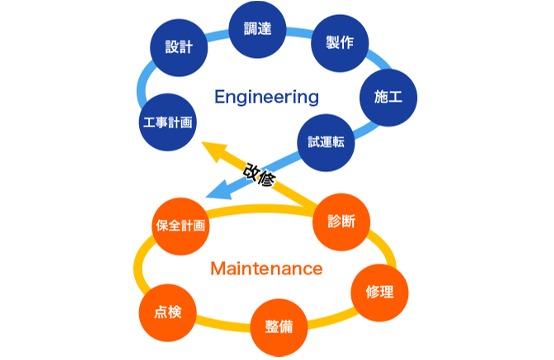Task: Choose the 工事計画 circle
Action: coord(166,122)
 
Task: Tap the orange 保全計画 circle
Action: coord(180,226)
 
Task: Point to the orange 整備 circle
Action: coord(278,327)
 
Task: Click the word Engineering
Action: coord(267,97)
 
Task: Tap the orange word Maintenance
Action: coord(266,268)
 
